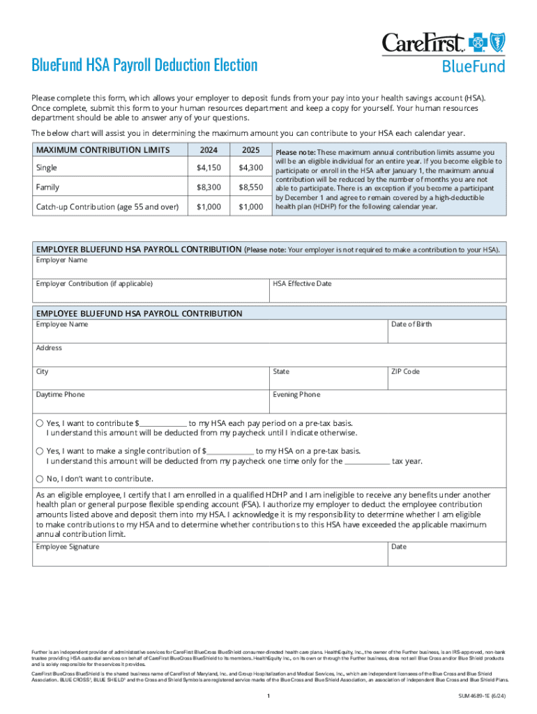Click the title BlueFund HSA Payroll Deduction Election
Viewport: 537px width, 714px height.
pos(144,66)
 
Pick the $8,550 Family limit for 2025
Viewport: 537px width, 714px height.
pos(250,188)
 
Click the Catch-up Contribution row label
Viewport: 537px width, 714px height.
pos(107,207)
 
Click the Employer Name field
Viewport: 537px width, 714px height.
pos(269,268)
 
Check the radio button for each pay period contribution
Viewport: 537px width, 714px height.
pos(40,423)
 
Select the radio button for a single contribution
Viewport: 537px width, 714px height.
pos(40,451)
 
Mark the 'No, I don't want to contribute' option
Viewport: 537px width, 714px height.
pos(40,478)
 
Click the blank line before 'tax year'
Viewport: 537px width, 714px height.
pos(368,462)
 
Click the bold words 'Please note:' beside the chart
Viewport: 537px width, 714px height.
pos(296,153)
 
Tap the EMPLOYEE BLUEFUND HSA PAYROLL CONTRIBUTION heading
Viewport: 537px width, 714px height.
pos(139,314)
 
